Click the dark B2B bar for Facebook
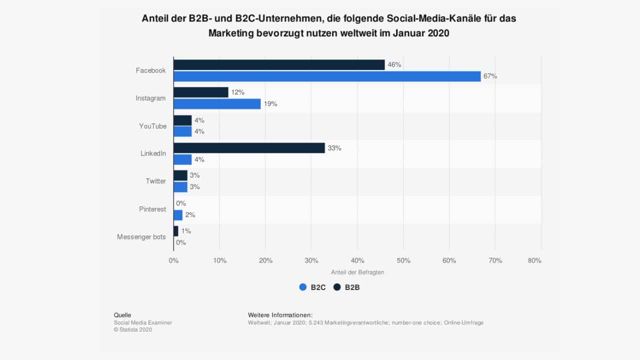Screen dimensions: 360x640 tap(279, 65)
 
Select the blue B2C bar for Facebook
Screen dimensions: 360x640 tap(327, 76)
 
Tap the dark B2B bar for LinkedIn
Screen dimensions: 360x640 tap(249, 148)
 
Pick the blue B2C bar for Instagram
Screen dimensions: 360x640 tap(217, 104)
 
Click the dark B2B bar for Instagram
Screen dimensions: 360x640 tap(201, 92)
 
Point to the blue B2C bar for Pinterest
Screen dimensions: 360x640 tap(178, 215)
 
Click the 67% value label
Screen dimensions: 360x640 tap(490, 76)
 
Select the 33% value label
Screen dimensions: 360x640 tap(334, 148)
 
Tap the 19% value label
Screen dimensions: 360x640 tap(270, 104)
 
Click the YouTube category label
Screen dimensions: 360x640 tap(152, 126)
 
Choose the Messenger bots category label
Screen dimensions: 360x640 tap(141, 237)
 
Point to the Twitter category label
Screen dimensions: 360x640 tap(155, 181)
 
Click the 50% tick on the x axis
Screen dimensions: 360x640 tap(403, 260)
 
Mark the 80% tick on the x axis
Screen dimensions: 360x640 tap(534, 260)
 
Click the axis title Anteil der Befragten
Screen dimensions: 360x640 tap(357, 272)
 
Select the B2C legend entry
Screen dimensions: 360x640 tap(312, 287)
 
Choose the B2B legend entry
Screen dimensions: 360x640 tap(346, 287)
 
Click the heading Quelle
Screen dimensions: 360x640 tap(122, 315)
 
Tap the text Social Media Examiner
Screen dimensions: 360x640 tap(143, 322)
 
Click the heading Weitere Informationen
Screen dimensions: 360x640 tap(280, 315)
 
